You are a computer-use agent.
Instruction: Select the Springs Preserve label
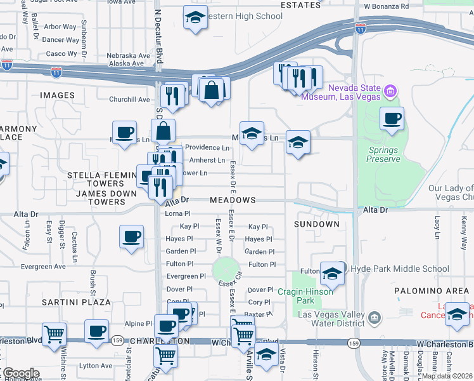click(x=383, y=155)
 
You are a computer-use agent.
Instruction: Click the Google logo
click(x=20, y=373)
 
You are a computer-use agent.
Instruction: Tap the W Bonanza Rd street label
click(x=386, y=6)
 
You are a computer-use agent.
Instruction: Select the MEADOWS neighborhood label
click(x=233, y=200)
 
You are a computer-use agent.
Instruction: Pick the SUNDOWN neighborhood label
click(x=317, y=224)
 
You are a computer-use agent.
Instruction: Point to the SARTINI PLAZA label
click(x=76, y=302)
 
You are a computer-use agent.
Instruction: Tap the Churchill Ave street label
click(x=129, y=100)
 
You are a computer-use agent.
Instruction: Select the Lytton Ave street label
click(x=96, y=366)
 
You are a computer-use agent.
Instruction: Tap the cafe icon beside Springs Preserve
click(x=392, y=118)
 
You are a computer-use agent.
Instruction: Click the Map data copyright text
click(x=447, y=376)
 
